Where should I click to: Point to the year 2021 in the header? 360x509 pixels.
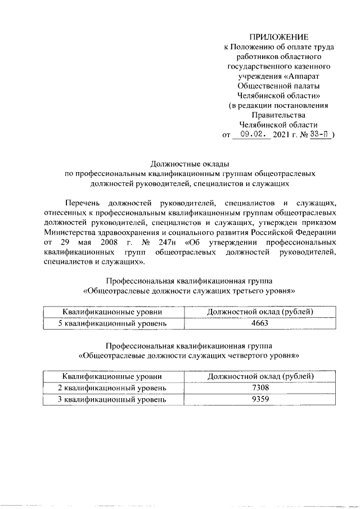coord(281,136)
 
